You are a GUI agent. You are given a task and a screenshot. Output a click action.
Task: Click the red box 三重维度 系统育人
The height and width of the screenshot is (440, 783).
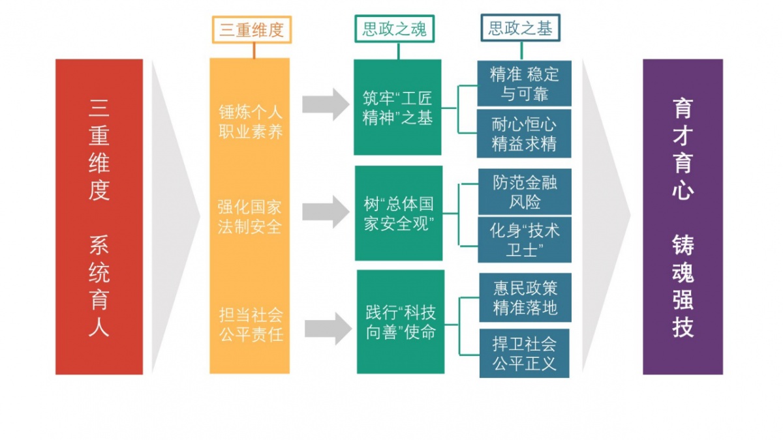(99, 216)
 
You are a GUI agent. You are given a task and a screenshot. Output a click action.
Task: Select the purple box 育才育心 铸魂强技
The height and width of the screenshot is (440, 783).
(683, 216)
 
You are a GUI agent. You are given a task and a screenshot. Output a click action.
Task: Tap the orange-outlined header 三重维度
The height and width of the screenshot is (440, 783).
(251, 30)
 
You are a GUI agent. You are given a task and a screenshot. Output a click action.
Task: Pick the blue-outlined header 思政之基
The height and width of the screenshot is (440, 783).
(520, 29)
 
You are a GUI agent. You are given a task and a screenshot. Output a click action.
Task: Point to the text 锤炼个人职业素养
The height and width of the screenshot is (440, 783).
(251, 121)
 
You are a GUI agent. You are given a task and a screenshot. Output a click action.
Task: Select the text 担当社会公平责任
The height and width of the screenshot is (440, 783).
(251, 325)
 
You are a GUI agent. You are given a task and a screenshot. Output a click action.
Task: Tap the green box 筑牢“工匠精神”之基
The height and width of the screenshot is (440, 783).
(397, 108)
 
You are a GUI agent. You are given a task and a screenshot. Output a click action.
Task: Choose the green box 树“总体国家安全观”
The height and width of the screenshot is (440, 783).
(398, 213)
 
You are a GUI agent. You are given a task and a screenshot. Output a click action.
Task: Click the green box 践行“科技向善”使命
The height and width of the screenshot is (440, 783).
(400, 321)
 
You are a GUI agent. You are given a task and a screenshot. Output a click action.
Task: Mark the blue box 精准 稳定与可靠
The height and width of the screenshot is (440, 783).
(524, 83)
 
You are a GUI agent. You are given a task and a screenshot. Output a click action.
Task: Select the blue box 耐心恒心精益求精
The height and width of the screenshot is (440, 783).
(524, 134)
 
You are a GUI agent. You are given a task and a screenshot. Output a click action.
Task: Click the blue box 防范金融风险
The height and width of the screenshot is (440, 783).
(525, 192)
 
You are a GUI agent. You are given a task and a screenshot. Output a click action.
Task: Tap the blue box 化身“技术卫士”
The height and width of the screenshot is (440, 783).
(525, 239)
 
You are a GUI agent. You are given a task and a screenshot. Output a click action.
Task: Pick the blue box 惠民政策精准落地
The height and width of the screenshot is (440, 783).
(525, 297)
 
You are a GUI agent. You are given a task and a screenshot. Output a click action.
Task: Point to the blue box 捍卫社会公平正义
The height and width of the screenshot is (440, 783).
(524, 353)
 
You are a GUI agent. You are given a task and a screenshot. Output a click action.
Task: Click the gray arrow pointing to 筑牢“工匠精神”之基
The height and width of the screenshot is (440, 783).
(326, 103)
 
